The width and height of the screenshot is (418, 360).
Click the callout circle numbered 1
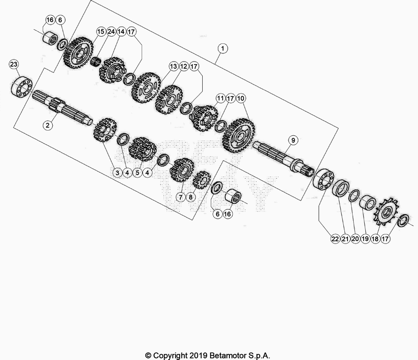point(223,49)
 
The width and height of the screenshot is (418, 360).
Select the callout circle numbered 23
point(14,65)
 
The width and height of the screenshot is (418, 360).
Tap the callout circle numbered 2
point(48,125)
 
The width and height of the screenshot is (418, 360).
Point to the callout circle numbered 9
point(293,140)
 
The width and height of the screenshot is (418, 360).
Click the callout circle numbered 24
point(111,32)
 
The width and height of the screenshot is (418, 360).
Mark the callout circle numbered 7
point(181,198)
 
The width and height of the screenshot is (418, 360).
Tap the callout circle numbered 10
point(241,98)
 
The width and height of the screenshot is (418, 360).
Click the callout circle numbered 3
point(117,172)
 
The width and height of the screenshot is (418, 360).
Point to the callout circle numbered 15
point(100,32)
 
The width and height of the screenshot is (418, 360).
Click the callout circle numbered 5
point(138,172)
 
